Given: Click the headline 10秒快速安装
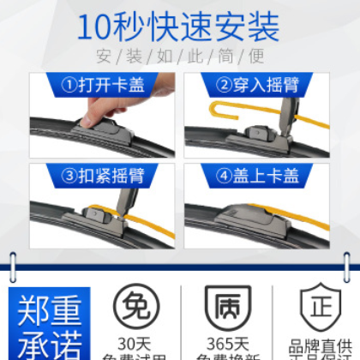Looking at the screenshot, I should (x=179, y=27).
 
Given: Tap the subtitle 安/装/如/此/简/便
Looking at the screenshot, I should (x=180, y=59).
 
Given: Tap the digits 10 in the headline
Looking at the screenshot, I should (x=96, y=27).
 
